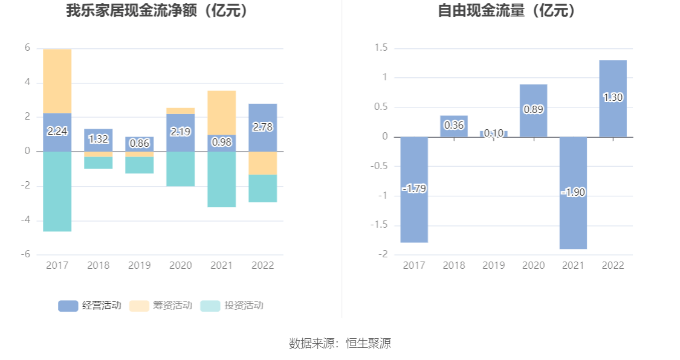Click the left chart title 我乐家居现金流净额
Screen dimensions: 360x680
pos(157,11)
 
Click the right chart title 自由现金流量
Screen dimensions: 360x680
pos(507,11)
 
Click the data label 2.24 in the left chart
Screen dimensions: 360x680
pos(57,131)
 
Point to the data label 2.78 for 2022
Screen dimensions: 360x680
pos(262,127)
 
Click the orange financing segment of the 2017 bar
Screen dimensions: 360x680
pos(57,81)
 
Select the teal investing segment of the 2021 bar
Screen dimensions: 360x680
pos(222,179)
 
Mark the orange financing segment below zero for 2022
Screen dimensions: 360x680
pos(262,163)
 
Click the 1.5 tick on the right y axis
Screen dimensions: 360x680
pos(381,48)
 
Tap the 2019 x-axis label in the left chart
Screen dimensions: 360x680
pos(139,265)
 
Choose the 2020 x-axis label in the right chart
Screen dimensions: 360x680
pos(533,265)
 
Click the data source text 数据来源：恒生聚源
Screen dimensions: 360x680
pos(340,344)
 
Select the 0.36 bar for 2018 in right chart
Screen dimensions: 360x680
pos(454,126)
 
